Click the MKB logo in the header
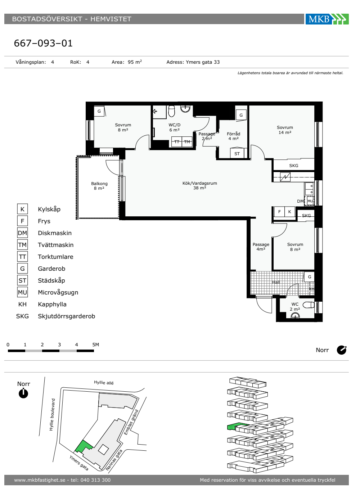coord(327,19)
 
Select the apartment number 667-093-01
coord(43,43)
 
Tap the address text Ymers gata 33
coord(202,62)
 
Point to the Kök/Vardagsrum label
coord(199,185)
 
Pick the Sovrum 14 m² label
coord(285,130)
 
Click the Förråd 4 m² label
coord(233,136)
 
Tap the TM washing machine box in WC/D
coord(187,142)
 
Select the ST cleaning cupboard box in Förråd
coord(237,153)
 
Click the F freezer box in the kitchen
coord(279,212)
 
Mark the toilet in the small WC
coord(309,305)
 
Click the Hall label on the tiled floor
coord(276,282)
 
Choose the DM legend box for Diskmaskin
coord(22,233)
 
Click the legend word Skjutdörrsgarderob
coord(66,316)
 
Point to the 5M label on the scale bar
coord(96,345)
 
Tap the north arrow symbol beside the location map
coord(23,393)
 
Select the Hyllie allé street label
coord(104,382)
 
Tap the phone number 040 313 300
coord(95,480)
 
